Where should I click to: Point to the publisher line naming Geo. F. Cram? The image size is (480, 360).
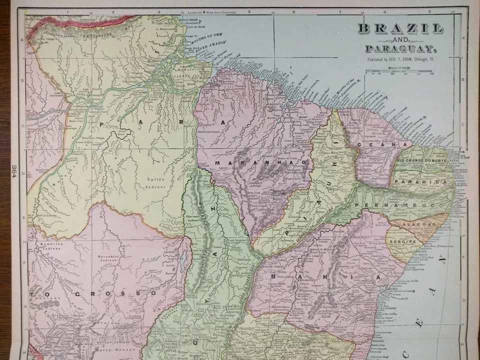point(400,59)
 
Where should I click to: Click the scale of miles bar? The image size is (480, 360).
point(398,74)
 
